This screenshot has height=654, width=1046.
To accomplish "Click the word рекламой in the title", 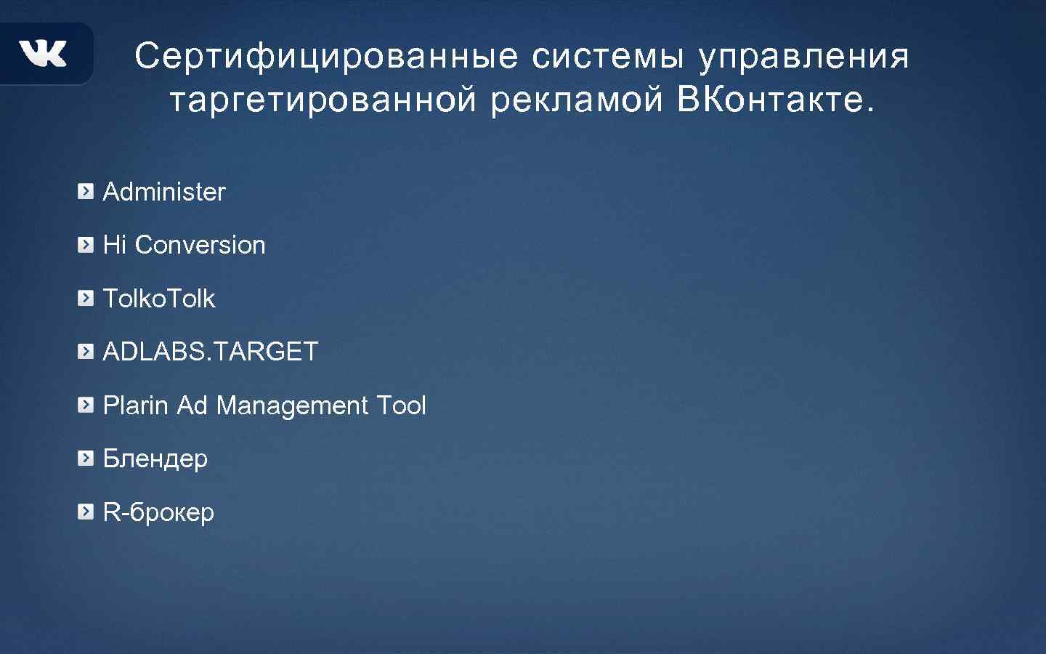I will pos(577,100).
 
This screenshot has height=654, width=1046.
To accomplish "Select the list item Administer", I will pos(164,192).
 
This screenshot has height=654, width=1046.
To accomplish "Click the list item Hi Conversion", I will pos(184,245).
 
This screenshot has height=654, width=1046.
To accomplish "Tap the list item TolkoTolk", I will pos(159,299).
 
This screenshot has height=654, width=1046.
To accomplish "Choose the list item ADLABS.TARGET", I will pos(211,352).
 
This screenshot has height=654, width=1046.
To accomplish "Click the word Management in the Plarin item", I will pos(292,405).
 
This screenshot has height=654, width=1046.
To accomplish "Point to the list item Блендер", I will pos(155,459).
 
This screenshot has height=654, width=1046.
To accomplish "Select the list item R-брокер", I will pos(158,512).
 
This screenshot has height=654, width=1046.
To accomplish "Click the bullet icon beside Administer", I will pos(86,192).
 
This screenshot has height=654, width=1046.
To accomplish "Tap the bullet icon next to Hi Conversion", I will pos(86,245).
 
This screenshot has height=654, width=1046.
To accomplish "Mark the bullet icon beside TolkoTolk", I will pos(86,299).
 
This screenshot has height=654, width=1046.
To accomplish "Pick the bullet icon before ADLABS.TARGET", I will pos(86,352).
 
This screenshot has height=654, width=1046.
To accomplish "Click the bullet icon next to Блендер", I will pos(86,459).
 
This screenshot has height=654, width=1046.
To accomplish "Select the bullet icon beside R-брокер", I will pos(86,512).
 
